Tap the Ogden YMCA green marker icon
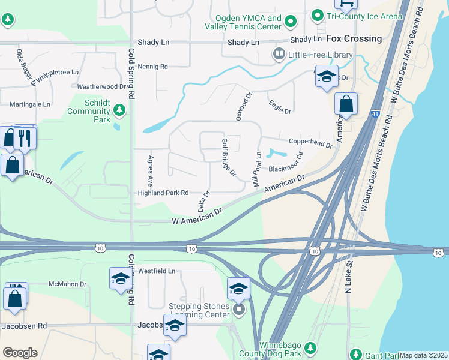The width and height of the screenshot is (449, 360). tap(291, 22)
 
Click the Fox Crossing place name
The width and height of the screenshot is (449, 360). tap(354, 38)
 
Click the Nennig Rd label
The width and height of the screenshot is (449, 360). tap(152, 67)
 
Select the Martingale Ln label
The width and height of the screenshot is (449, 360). tap(30, 104)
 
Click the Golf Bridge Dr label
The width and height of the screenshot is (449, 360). tap(229, 157)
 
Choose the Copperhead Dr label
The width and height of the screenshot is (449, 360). tap(310, 142)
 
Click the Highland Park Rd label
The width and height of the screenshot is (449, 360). tap(163, 193)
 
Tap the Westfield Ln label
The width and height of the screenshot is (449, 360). tap(156, 271)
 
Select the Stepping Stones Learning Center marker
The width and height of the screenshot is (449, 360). tap(239, 310)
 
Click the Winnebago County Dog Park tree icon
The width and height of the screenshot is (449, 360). tap(310, 347)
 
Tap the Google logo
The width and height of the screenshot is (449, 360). tap(20, 353)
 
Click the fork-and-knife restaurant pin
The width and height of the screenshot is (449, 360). tap(25, 137)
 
